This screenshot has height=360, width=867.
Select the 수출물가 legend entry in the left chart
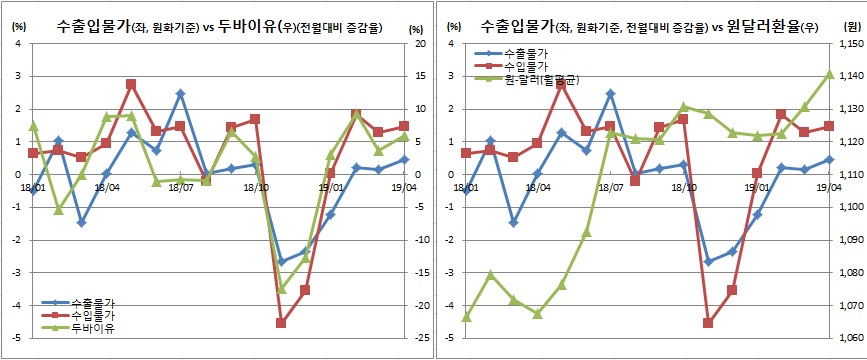coord(92,303)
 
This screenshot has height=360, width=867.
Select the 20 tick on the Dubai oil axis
coord(420,44)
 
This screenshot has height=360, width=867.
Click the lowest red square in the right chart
coord(708,323)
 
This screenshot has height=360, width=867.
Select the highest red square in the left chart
coord(131,84)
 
